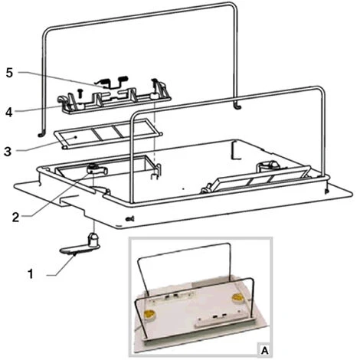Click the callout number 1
click(31, 274)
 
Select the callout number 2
click(15, 218)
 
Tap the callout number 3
click(8, 151)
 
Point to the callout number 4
click(9, 112)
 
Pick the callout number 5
click(9, 73)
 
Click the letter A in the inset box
click(265, 351)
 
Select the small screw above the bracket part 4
click(80, 93)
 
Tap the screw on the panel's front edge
click(130, 219)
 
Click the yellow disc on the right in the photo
click(237, 297)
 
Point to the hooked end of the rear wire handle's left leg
click(41, 134)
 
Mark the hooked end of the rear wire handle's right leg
click(237, 107)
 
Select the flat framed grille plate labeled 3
click(108, 133)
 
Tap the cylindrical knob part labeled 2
click(97, 170)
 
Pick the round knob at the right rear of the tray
click(267, 166)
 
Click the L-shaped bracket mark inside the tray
click(235, 151)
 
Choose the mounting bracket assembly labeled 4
click(115, 98)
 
